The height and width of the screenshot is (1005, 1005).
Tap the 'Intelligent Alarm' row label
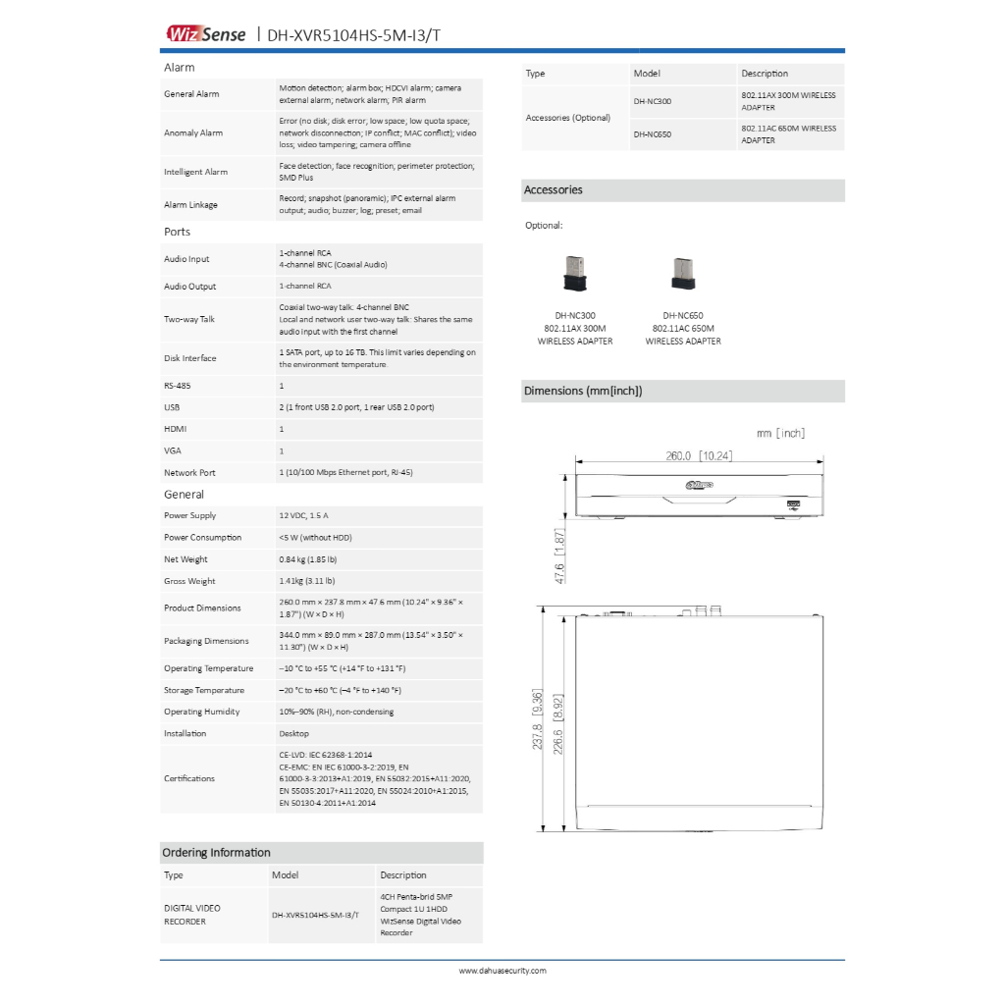195,172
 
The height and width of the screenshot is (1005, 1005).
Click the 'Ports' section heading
178,232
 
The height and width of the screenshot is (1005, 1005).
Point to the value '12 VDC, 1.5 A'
303,515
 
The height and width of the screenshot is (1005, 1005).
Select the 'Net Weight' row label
185,559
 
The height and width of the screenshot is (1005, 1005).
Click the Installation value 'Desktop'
293,733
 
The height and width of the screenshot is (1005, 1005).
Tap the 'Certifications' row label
189,778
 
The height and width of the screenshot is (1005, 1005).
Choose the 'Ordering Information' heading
216,853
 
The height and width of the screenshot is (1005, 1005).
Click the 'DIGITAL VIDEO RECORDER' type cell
192,915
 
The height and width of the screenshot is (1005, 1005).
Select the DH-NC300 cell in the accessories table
653,101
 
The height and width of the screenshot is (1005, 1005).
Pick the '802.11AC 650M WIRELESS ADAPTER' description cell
789,134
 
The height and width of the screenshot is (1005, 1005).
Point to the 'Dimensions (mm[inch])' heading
583,391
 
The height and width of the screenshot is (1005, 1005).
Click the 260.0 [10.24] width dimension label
699,455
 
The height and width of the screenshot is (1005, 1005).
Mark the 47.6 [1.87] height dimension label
559,555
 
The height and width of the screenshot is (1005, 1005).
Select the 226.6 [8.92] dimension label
556,720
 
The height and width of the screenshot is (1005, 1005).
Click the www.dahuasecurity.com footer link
502,971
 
